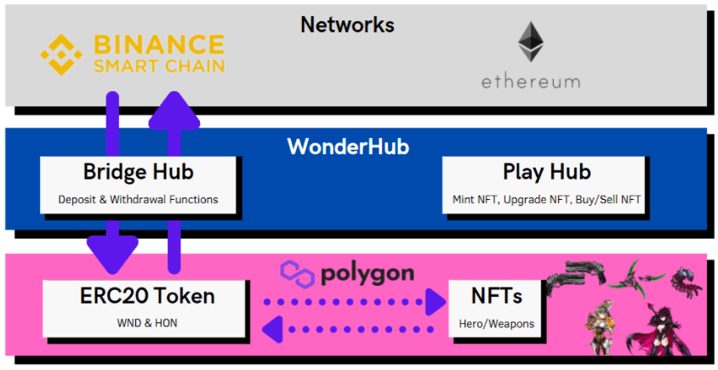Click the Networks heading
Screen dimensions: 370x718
tap(347, 25)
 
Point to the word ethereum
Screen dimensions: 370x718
tap(531, 83)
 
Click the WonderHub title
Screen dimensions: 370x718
tap(348, 146)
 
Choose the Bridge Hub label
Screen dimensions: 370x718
tap(138, 172)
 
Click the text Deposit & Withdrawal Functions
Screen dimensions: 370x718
tap(138, 200)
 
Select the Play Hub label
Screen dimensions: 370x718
tap(546, 172)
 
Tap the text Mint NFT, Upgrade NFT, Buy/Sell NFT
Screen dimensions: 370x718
tap(547, 200)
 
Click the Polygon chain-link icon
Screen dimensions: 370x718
tap(297, 274)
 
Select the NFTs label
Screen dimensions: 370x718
tap(497, 296)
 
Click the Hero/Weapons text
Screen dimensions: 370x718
tap(497, 323)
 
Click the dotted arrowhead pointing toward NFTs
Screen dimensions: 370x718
tap(436, 301)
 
